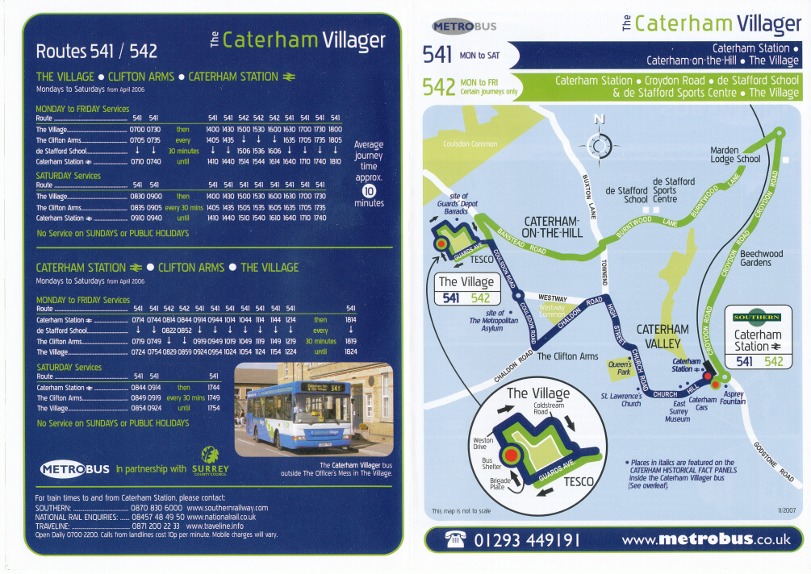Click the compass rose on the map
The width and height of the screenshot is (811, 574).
[600, 146]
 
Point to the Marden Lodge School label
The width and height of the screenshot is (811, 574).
[734, 155]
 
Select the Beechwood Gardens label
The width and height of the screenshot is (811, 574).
[755, 258]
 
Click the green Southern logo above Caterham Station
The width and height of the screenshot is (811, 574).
[757, 317]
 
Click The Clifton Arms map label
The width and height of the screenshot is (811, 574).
[567, 356]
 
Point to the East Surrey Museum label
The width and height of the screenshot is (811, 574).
[678, 411]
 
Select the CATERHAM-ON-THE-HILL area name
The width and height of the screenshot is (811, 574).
[552, 227]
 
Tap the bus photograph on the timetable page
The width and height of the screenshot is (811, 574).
[312, 409]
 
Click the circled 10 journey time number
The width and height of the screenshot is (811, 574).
[369, 190]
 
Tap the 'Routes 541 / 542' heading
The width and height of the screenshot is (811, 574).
[97, 52]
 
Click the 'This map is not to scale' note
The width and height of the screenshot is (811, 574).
[461, 511]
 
